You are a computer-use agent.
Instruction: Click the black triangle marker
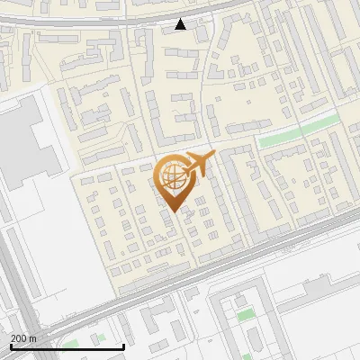coord(181,24)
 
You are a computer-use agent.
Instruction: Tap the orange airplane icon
coord(199,164)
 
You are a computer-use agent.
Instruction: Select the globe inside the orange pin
coord(170,176)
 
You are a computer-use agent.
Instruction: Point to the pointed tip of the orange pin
coord(171,212)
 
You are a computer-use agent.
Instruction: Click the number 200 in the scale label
coord(19,338)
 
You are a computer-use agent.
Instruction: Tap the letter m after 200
coord(33,338)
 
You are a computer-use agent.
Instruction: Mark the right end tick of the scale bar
coord(123,346)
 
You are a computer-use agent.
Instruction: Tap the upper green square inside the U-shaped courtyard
coord(244,314)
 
